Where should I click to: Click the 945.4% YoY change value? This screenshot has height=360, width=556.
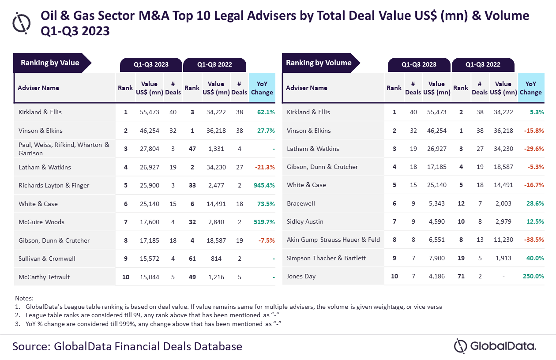(264, 185)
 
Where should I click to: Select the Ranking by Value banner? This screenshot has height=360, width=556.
(50, 63)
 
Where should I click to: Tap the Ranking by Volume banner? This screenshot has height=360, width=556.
(319, 63)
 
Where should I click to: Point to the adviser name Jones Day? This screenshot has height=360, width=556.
(301, 277)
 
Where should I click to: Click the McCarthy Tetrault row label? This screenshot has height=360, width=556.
(44, 277)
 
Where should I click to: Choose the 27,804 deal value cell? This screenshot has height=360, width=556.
(149, 149)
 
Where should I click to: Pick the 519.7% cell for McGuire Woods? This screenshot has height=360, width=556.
(264, 222)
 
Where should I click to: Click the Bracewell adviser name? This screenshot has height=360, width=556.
(301, 203)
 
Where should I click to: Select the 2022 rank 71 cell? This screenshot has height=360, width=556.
(461, 277)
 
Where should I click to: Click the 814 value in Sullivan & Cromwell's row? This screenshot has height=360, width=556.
(216, 259)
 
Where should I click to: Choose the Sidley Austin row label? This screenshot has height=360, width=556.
(305, 221)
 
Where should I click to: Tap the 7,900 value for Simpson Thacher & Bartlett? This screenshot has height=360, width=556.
(436, 258)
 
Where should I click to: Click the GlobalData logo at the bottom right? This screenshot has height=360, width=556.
(495, 345)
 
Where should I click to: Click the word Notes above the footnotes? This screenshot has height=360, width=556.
(24, 298)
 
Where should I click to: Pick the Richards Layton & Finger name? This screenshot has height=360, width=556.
(54, 185)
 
